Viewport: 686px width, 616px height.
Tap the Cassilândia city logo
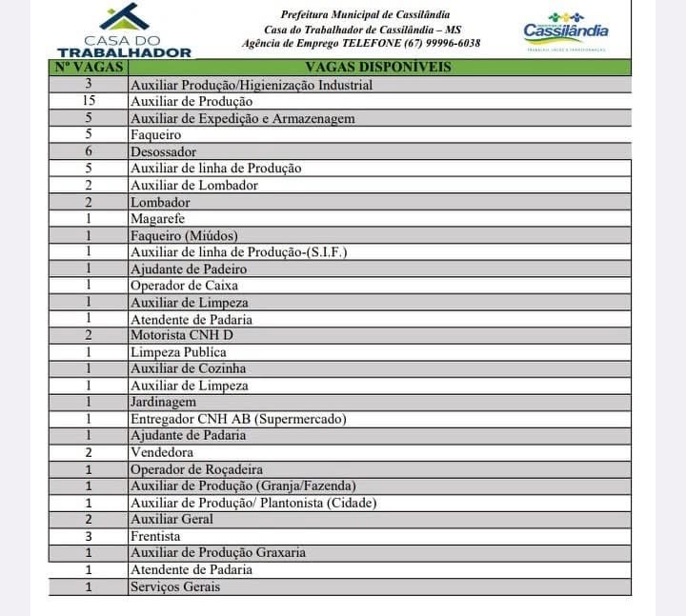(566, 31)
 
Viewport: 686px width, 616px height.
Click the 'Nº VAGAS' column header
(88, 68)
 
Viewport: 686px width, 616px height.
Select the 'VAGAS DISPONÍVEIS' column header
(378, 68)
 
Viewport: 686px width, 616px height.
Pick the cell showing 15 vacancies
(89, 101)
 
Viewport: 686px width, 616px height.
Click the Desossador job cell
(163, 151)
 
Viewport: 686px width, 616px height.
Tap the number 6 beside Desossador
(89, 151)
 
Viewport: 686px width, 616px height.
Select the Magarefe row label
(158, 219)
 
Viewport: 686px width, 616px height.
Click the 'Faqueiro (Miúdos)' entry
(184, 235)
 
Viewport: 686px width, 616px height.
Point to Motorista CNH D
(181, 335)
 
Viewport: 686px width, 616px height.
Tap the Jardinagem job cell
(163, 402)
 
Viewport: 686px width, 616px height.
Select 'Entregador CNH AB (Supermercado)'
(238, 419)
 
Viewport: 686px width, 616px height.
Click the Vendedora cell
(162, 452)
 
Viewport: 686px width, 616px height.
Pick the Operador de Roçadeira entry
(196, 469)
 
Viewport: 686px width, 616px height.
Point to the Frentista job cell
(155, 536)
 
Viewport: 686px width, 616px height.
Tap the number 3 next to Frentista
(89, 536)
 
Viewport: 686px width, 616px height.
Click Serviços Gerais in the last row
(175, 586)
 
